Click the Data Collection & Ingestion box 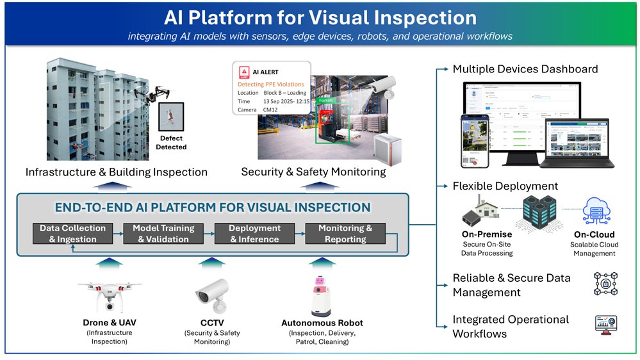point(72,234)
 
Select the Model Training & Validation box point(163,234)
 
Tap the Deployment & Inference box point(254,234)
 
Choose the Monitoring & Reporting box point(345,234)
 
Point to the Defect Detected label point(171,142)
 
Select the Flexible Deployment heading point(505,186)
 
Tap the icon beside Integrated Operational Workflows point(605,325)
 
